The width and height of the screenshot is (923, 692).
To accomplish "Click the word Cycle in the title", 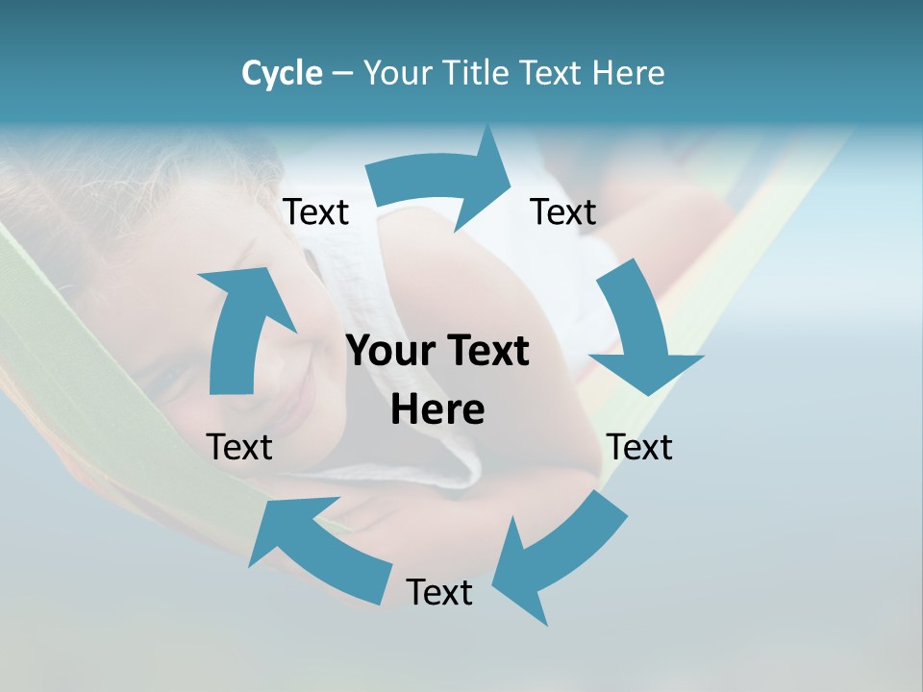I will (x=282, y=73).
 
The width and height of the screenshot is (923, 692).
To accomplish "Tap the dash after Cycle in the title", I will (x=342, y=74).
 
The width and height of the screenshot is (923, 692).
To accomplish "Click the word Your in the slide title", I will (x=397, y=73).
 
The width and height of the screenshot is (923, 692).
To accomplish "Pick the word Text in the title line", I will (x=550, y=73).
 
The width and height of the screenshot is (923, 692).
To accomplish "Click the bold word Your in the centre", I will (x=390, y=352).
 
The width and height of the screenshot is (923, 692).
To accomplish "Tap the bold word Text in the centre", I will (x=486, y=352).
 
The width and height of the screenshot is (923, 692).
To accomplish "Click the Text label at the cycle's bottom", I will (x=439, y=592).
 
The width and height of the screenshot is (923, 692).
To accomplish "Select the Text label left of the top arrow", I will (x=315, y=211).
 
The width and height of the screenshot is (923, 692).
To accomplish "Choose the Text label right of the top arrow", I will (x=563, y=211).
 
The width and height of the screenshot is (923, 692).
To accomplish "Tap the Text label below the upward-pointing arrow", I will (x=239, y=447).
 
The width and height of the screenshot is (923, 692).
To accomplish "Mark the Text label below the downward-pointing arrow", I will (x=639, y=447).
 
